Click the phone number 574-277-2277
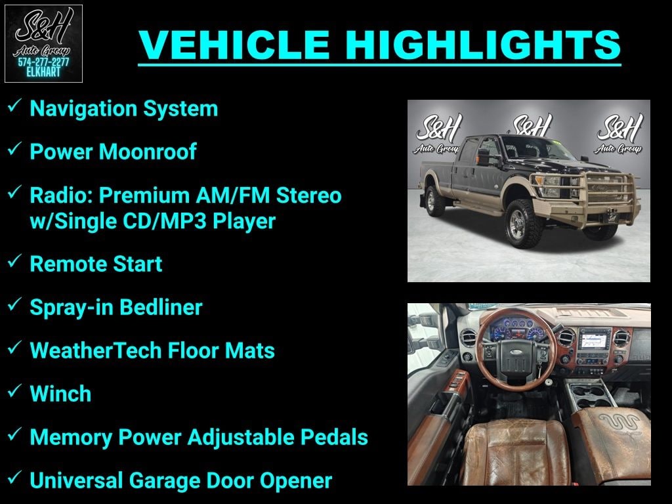click(43, 62)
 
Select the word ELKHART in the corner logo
click(43, 72)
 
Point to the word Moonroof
click(147, 152)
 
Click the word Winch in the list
click(60, 394)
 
